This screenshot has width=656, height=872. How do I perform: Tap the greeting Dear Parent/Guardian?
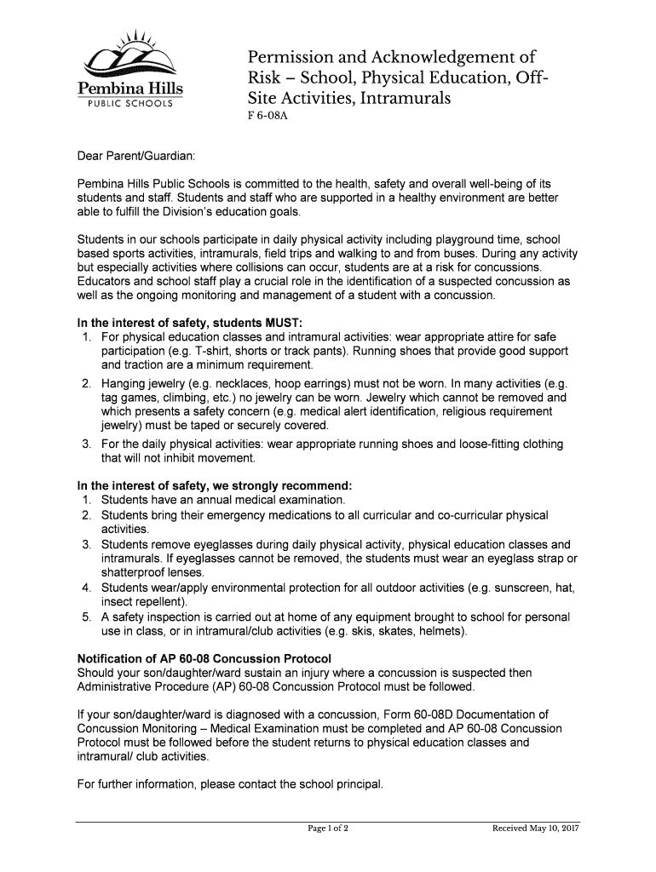coord(136,157)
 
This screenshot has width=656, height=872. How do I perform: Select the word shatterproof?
coord(135,572)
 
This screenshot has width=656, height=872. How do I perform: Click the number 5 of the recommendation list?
coord(87,617)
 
